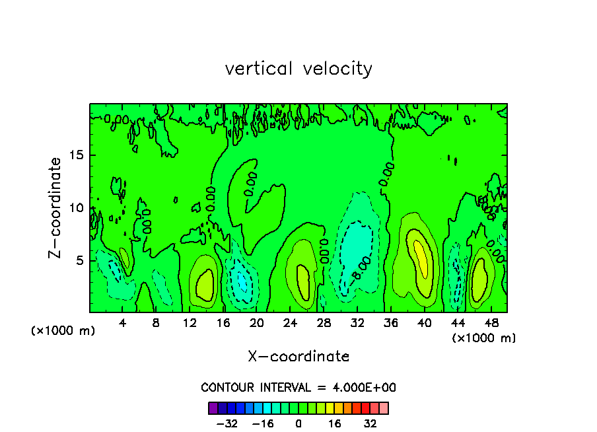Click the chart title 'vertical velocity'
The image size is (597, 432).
(298, 69)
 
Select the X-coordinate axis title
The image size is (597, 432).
(298, 357)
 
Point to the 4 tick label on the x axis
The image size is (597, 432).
(122, 323)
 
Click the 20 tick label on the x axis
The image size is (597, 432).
(256, 323)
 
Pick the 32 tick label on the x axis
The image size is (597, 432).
(357, 323)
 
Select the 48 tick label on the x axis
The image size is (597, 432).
(491, 323)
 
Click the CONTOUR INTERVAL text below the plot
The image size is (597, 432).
(298, 387)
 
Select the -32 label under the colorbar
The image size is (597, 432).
(227, 423)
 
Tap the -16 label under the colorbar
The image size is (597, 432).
(263, 423)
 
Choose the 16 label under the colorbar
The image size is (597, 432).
(335, 423)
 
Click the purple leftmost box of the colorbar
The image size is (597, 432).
(213, 408)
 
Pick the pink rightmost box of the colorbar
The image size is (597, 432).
(384, 408)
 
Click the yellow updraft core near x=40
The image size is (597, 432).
(421, 254)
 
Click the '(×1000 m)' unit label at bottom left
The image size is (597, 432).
(63, 331)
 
